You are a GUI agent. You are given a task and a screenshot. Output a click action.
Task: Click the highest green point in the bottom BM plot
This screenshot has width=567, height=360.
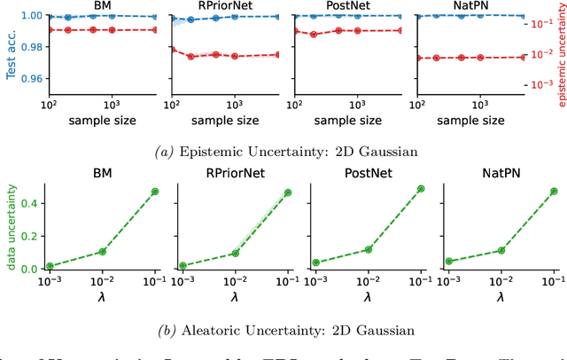(x=155, y=192)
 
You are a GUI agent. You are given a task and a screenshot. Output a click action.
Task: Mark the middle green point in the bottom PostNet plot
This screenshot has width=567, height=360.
(x=368, y=250)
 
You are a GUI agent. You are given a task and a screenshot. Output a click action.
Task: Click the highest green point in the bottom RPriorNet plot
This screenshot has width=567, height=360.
(x=287, y=192)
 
